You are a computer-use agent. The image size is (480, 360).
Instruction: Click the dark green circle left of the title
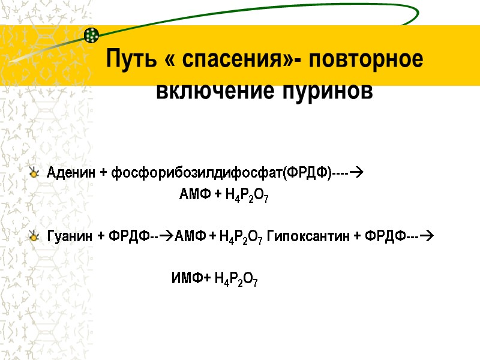(x=91, y=35)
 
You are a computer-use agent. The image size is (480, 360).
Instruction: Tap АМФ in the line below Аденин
(x=193, y=194)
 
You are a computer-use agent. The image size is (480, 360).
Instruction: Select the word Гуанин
(x=69, y=237)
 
